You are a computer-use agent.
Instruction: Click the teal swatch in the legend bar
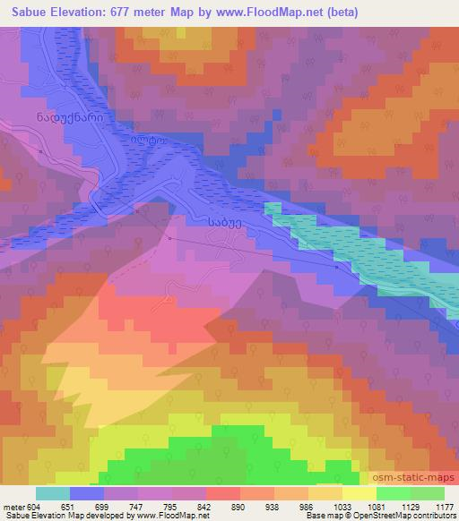coord(53,493)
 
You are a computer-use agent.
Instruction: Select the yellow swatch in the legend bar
coord(359,493)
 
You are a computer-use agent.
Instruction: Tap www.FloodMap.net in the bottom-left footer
coord(167,516)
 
